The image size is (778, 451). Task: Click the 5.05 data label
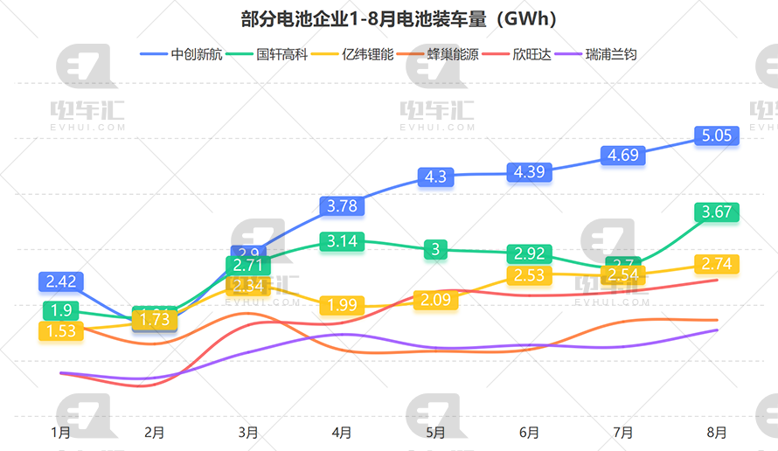pyautogui.click(x=718, y=135)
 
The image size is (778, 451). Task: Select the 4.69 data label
pyautogui.click(x=623, y=156)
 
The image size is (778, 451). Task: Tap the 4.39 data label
pyautogui.click(x=530, y=172)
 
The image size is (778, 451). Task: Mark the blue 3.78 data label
pyautogui.click(x=342, y=206)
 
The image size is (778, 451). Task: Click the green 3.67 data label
pyautogui.click(x=718, y=212)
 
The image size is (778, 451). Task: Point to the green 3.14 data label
pyautogui.click(x=342, y=241)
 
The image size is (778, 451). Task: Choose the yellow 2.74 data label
pyautogui.click(x=718, y=264)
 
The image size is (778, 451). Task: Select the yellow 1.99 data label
pyautogui.click(x=342, y=305)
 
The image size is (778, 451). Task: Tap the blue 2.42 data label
pyautogui.click(x=61, y=281)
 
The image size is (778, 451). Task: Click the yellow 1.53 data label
pyautogui.click(x=61, y=331)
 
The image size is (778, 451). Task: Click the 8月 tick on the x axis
pyautogui.click(x=717, y=432)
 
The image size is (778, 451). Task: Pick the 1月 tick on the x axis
pyautogui.click(x=61, y=432)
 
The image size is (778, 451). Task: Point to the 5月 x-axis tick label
pyautogui.click(x=436, y=432)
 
